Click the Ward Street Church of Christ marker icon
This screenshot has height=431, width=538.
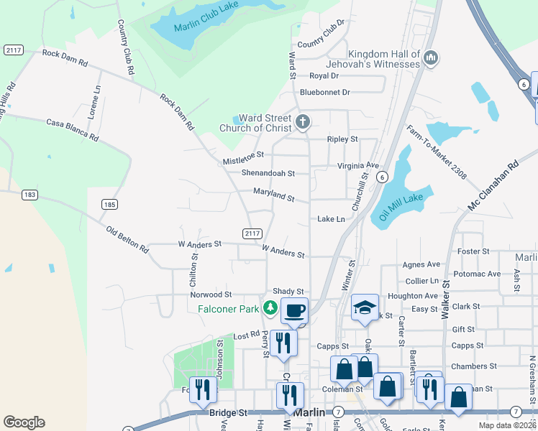(303, 123)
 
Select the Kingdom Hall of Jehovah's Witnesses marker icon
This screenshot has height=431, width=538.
(431, 57)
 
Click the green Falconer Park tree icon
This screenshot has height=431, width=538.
(270, 308)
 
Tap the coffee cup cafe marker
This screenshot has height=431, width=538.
(294, 311)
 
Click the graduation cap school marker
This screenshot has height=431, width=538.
(365, 308)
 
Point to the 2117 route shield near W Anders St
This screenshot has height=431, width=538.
(252, 233)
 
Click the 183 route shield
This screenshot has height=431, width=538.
(29, 195)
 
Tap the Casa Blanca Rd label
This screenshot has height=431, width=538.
(72, 129)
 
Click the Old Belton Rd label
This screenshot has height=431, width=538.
(127, 240)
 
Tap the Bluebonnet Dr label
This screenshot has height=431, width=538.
(324, 92)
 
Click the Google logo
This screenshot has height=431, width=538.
(24, 422)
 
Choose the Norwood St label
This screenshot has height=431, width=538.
(211, 295)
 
